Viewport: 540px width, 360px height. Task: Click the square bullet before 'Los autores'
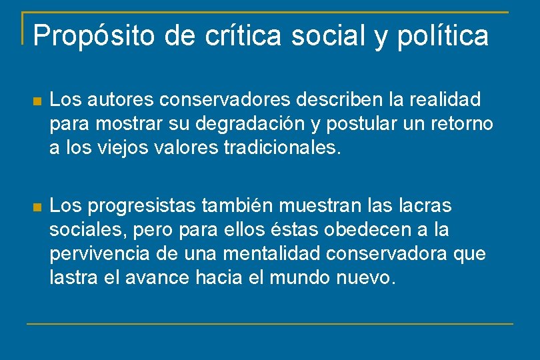[x=38, y=101]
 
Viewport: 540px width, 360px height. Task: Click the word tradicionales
[x=283, y=147]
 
